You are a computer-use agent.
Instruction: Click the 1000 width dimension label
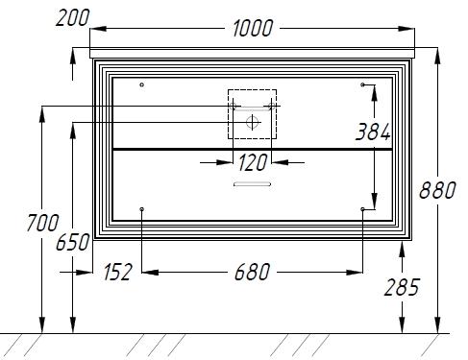(x=253, y=28)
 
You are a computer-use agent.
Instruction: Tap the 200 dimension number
(x=72, y=18)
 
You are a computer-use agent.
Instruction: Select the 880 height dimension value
(x=437, y=190)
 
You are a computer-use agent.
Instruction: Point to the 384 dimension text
(x=373, y=132)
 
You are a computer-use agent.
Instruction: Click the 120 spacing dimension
(x=253, y=162)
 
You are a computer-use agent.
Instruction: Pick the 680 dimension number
(x=252, y=273)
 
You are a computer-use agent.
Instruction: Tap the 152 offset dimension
(x=117, y=273)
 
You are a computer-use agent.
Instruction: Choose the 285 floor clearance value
(x=402, y=287)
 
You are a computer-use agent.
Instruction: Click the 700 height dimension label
(x=42, y=223)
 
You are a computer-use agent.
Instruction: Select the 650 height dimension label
(x=73, y=242)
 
